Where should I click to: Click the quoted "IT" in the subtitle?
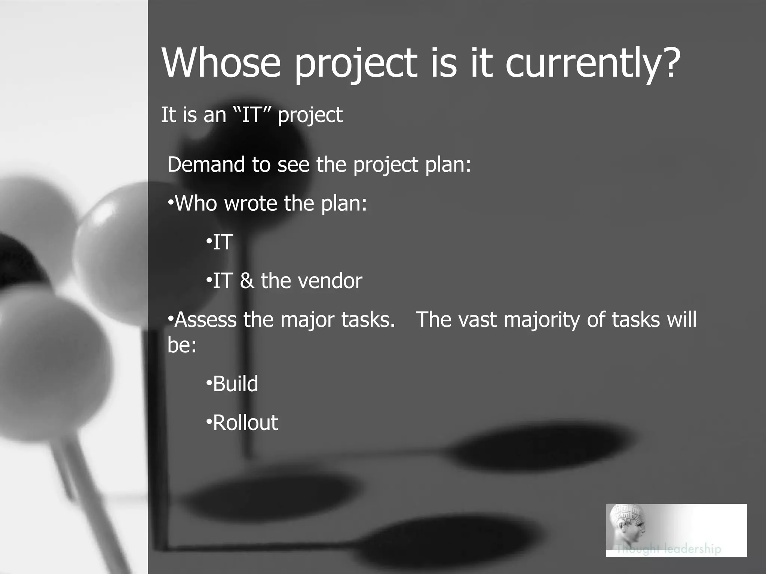(251, 114)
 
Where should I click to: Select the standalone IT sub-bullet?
(223, 242)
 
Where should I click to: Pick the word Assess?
(206, 320)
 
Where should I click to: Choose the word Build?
(235, 384)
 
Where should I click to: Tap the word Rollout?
(245, 423)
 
